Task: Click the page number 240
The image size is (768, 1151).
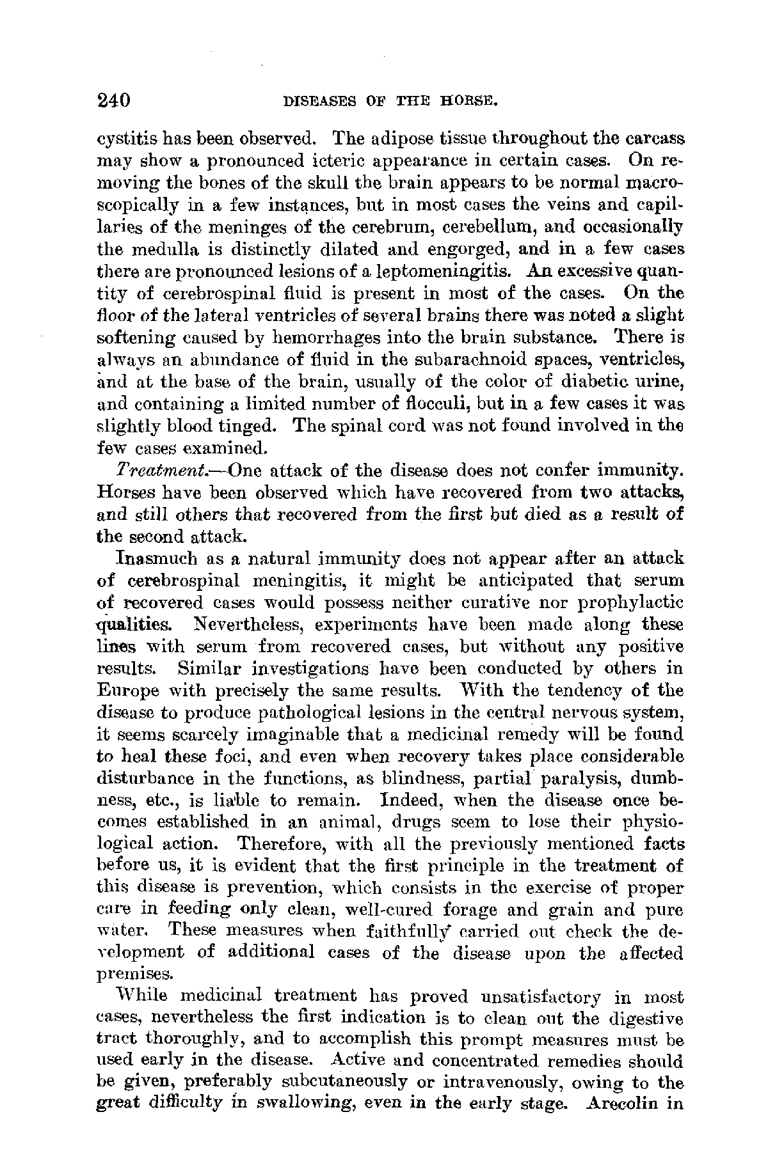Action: click(x=113, y=100)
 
